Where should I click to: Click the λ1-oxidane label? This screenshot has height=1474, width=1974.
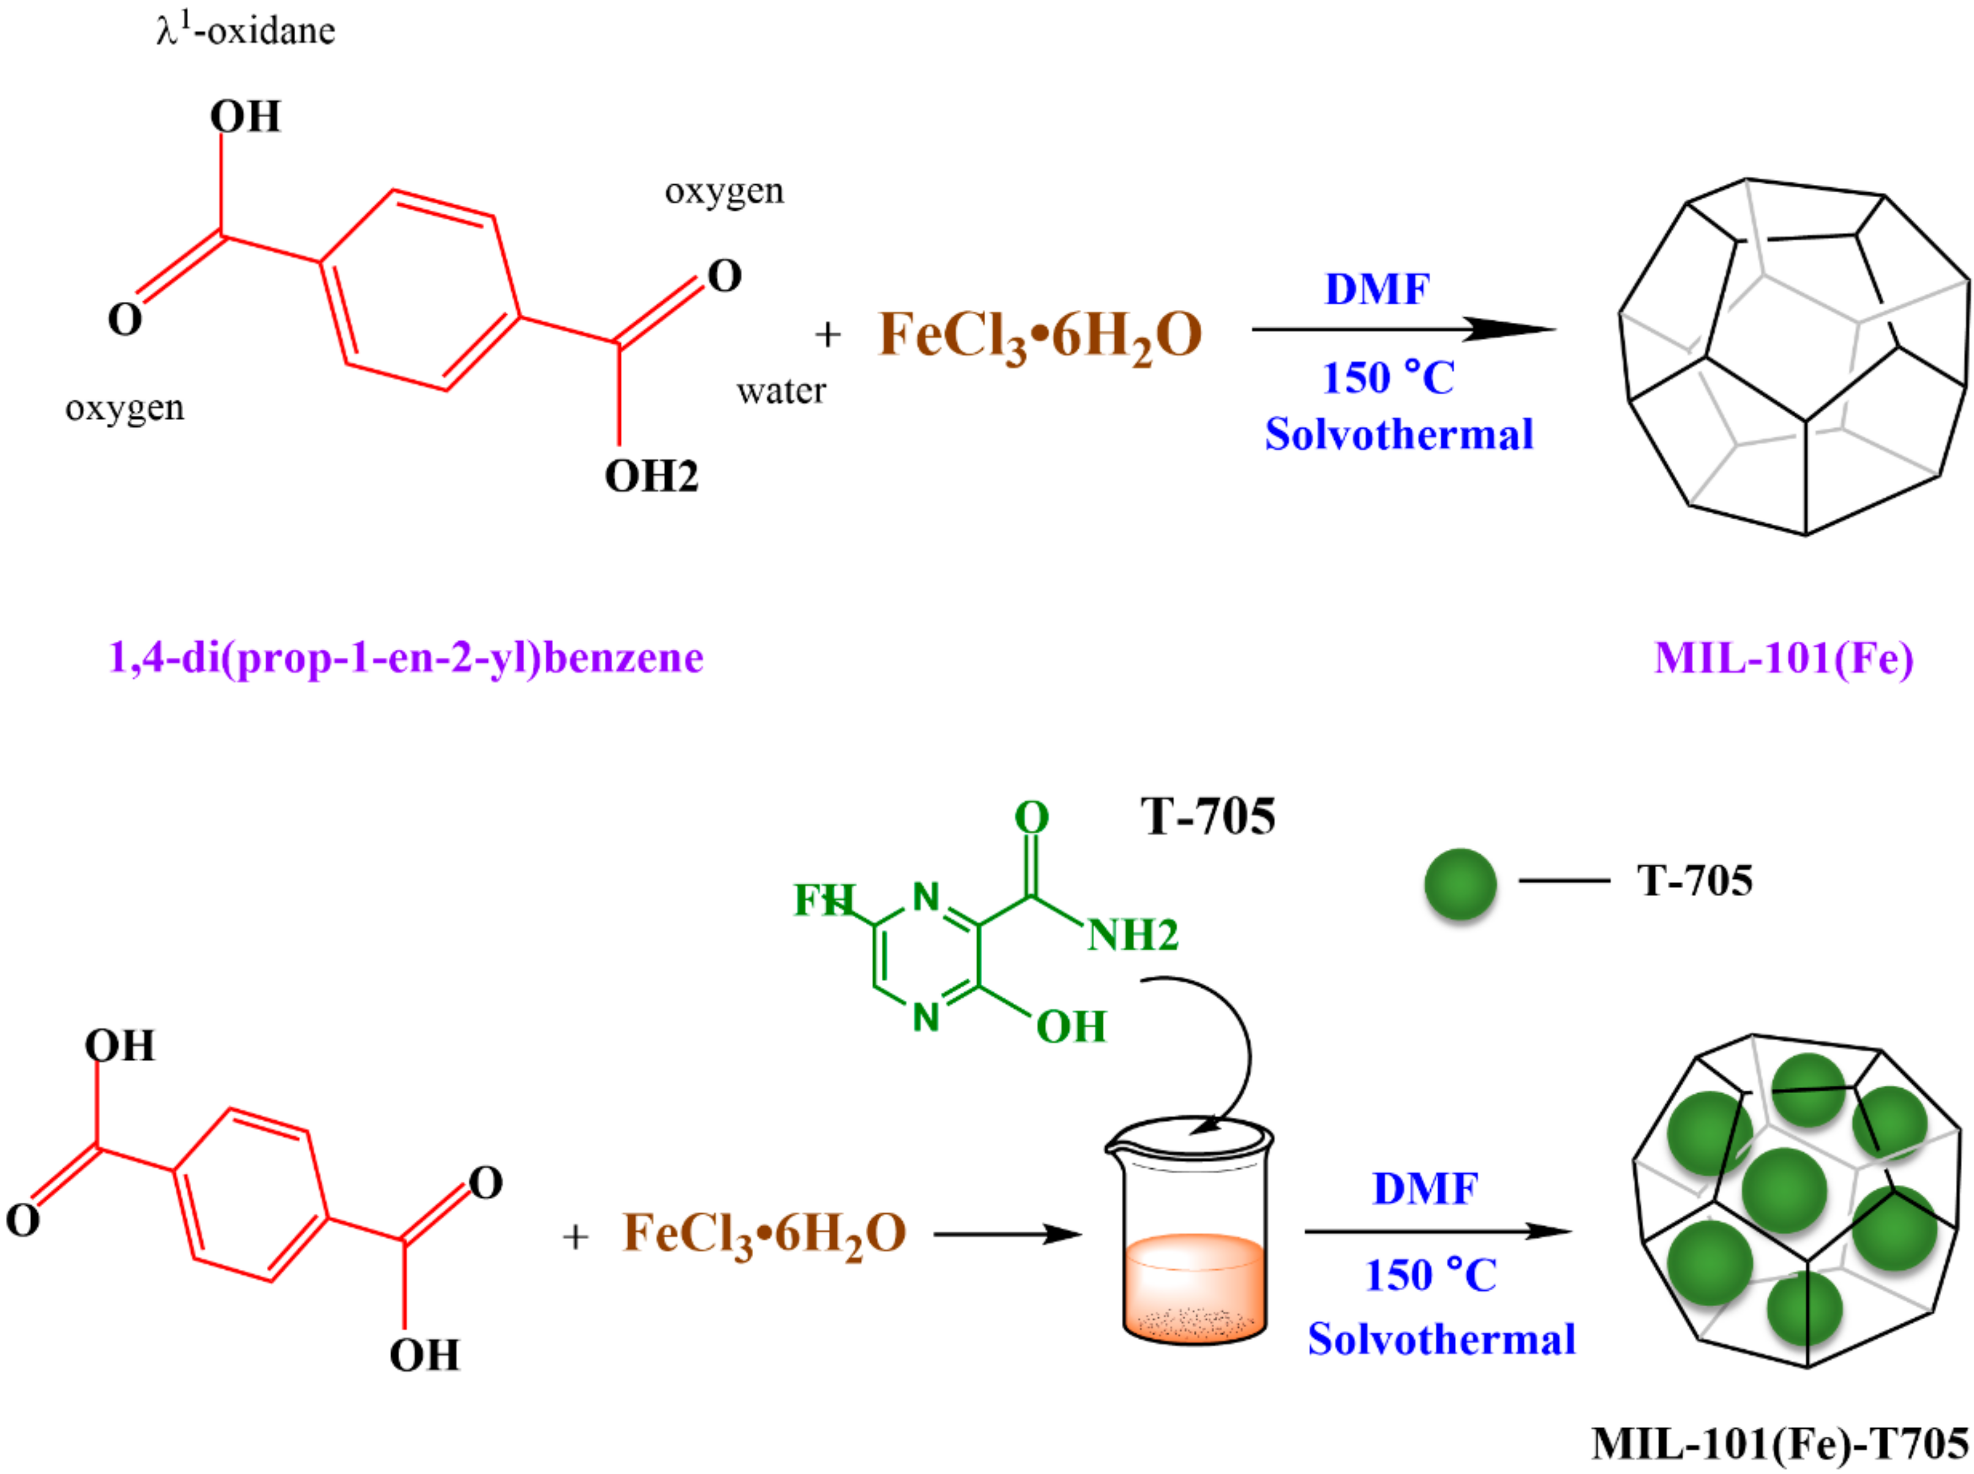tap(246, 31)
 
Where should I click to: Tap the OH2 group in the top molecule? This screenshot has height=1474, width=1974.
tap(651, 476)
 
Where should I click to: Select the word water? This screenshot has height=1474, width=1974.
tap(781, 391)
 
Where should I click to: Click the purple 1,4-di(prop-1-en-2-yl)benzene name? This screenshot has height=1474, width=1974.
tap(406, 658)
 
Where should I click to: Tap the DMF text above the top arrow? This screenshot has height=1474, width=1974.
tap(1377, 289)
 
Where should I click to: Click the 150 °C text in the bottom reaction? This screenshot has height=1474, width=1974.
tap(1431, 1275)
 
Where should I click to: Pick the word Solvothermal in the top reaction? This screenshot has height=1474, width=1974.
tap(1398, 435)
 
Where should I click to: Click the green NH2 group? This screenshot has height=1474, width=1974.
tap(1133, 935)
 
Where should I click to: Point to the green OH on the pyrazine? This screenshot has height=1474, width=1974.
tap(1070, 1027)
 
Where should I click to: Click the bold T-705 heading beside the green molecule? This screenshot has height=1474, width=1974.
tap(1208, 816)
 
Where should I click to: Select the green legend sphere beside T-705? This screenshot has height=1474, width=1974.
tap(1460, 883)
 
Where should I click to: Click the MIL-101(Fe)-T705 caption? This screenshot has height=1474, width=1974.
tap(1779, 1443)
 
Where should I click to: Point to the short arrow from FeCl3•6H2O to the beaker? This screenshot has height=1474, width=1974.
tap(1008, 1235)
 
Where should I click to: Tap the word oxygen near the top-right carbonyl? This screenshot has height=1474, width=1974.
tap(724, 191)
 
